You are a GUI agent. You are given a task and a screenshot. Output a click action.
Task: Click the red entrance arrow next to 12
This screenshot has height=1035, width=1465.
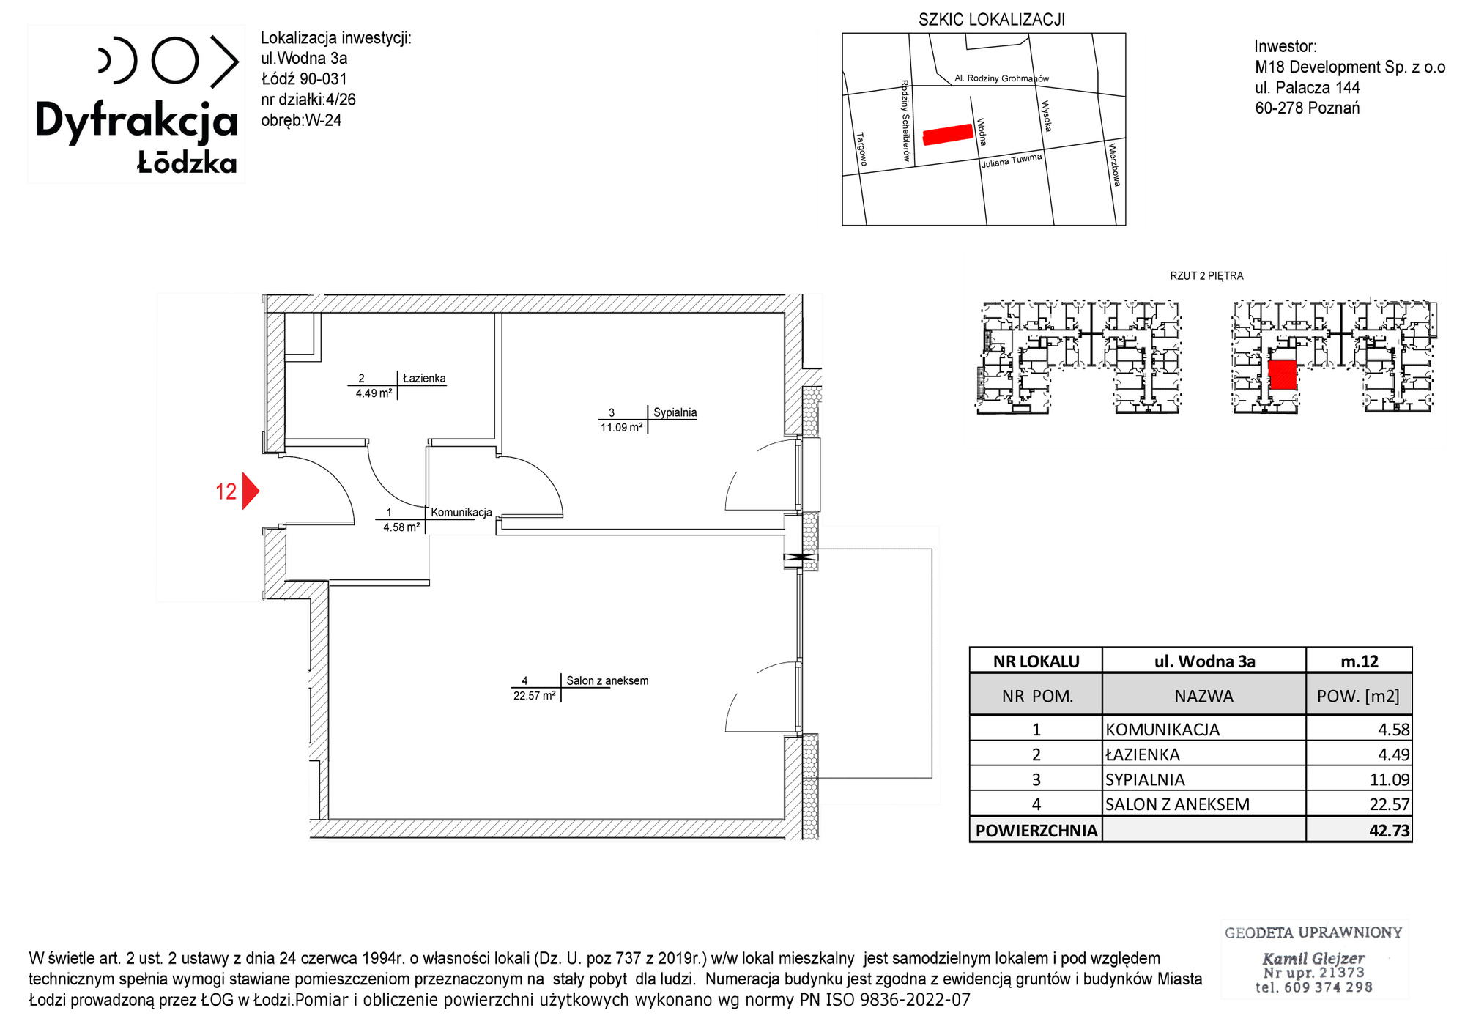[251, 491]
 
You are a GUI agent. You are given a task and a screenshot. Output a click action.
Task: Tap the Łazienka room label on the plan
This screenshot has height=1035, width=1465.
[424, 379]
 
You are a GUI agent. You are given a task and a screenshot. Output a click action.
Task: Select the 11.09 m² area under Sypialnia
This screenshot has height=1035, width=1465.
[622, 428]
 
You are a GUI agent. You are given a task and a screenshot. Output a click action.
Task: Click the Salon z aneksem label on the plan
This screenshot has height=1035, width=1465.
[607, 680]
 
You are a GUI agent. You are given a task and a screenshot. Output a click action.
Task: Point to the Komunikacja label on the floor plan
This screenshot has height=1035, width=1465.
[461, 512]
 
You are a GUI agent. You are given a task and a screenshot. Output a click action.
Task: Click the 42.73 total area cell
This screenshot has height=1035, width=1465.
[1389, 831]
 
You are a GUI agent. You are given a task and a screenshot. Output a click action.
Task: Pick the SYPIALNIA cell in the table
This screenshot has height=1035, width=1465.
[1145, 779]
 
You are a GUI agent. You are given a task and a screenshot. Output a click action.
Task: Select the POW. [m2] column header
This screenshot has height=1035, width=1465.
[1358, 696]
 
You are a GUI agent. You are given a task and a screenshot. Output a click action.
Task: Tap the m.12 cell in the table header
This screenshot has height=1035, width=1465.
[1360, 661]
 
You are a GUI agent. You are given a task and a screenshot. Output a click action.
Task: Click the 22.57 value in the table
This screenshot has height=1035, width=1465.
[1390, 804]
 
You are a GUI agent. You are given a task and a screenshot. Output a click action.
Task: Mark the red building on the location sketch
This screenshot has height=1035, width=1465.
[948, 134]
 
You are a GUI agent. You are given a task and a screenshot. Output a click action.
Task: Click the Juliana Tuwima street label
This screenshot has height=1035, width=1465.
[1012, 160]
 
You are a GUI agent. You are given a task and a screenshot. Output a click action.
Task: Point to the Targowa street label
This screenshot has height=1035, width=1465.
[861, 149]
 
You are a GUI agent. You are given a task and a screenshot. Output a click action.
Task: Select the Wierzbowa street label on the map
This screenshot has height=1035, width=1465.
[1114, 165]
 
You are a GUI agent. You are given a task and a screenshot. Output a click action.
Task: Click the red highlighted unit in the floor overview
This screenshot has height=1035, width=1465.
[1282, 374]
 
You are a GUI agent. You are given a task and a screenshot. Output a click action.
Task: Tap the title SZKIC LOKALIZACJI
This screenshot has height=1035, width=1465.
[992, 20]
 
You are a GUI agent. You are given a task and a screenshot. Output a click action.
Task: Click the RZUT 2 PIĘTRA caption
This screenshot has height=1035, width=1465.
[1206, 276]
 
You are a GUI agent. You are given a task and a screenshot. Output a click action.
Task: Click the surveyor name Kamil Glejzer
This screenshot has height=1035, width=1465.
[1313, 958]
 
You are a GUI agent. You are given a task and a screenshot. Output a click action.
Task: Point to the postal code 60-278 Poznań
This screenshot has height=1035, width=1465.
[1308, 108]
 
